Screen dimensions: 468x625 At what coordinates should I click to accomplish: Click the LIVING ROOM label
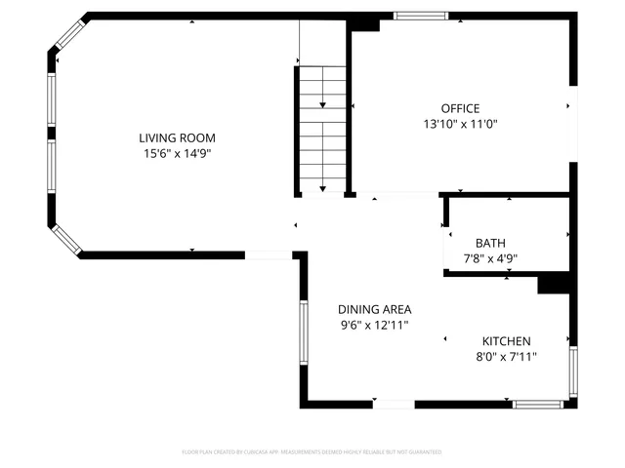pos(176,138)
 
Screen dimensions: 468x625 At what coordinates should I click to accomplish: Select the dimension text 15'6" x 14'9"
pos(176,154)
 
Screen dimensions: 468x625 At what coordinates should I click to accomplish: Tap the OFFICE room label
pos(460,108)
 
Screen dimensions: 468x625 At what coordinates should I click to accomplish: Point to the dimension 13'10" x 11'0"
pos(460,124)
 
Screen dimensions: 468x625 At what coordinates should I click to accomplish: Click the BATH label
pos(490,243)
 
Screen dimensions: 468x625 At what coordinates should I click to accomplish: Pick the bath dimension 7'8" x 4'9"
pos(490,258)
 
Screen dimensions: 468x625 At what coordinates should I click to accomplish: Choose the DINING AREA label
pos(375,309)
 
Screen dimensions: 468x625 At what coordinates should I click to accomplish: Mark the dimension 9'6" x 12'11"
pos(375,325)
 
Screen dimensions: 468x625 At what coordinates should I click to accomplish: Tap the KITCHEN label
pos(506,341)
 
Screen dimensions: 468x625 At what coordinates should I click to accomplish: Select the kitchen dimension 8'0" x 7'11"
pos(506,357)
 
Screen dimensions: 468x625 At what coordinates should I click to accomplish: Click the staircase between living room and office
pos(322,127)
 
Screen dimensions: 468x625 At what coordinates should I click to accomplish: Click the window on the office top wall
pos(421,16)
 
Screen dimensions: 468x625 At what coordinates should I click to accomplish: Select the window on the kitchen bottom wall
pos(536,404)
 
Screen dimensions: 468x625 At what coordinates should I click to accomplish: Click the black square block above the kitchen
pos(554,282)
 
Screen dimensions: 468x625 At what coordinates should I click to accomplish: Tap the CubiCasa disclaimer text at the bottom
pos(312,452)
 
